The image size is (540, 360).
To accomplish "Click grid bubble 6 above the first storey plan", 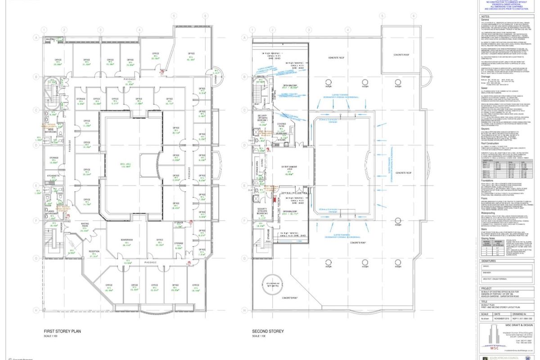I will [x=206, y=15].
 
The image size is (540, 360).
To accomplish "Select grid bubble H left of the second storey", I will [x=243, y=310].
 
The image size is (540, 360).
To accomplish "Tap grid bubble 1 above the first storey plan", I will [x=44, y=30].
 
